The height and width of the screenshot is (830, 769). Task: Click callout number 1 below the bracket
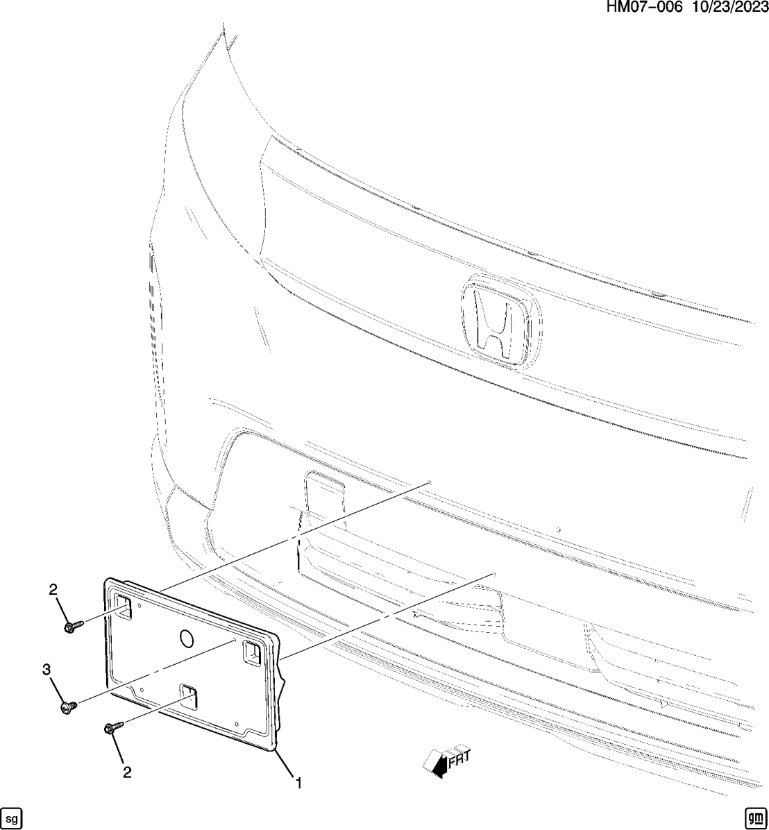298,784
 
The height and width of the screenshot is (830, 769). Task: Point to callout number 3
47,669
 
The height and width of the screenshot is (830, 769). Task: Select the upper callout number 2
53,590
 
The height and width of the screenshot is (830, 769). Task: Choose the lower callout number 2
127,772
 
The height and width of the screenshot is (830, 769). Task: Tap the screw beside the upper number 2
72,626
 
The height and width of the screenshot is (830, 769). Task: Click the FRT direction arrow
437,763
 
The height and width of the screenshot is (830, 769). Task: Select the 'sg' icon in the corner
11,818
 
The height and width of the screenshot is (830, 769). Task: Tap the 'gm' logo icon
754,818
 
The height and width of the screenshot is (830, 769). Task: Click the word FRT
459,759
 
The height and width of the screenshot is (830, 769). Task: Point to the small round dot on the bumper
558,529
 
